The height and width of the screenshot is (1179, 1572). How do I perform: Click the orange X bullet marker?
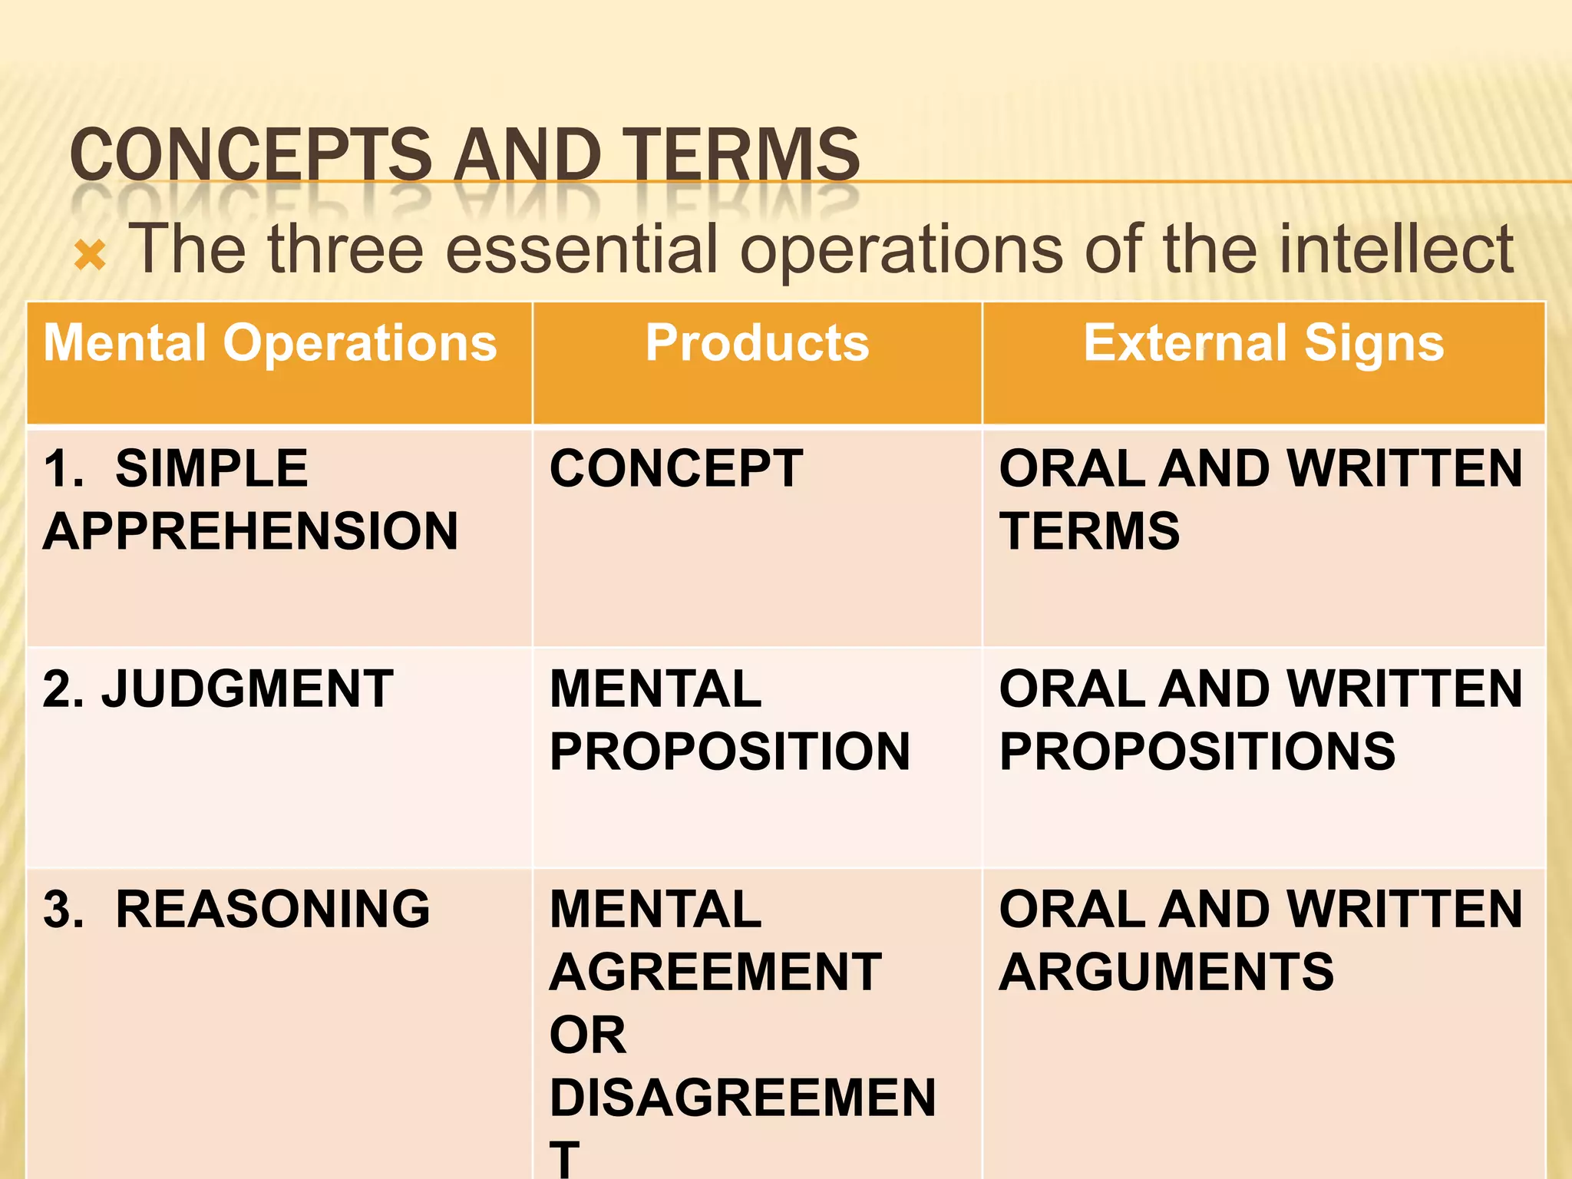tap(90, 256)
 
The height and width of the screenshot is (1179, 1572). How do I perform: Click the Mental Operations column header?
tap(270, 342)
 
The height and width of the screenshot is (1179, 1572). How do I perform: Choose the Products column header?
tap(757, 342)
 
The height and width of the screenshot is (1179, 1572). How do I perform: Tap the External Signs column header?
tap(1263, 342)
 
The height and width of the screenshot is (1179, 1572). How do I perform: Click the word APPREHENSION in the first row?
tap(250, 531)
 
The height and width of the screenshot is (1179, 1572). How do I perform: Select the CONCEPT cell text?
tap(676, 468)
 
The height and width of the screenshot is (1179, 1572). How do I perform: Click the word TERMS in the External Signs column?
tap(1089, 531)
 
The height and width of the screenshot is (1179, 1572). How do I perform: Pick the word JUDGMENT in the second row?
tap(247, 689)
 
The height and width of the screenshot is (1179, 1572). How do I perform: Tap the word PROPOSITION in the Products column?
tap(730, 751)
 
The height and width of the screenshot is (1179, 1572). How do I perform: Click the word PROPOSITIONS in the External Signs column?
tap(1197, 751)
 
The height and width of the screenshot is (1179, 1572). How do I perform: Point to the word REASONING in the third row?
tap(272, 909)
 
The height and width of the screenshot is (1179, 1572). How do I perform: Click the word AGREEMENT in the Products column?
tap(715, 972)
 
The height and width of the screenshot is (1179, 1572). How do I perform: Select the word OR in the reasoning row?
tap(588, 1035)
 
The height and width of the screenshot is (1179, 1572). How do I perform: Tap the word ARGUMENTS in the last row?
tap(1167, 972)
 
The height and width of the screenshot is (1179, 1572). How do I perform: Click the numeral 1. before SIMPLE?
tap(63, 468)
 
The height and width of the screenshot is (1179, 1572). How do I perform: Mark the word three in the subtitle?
tap(345, 249)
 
